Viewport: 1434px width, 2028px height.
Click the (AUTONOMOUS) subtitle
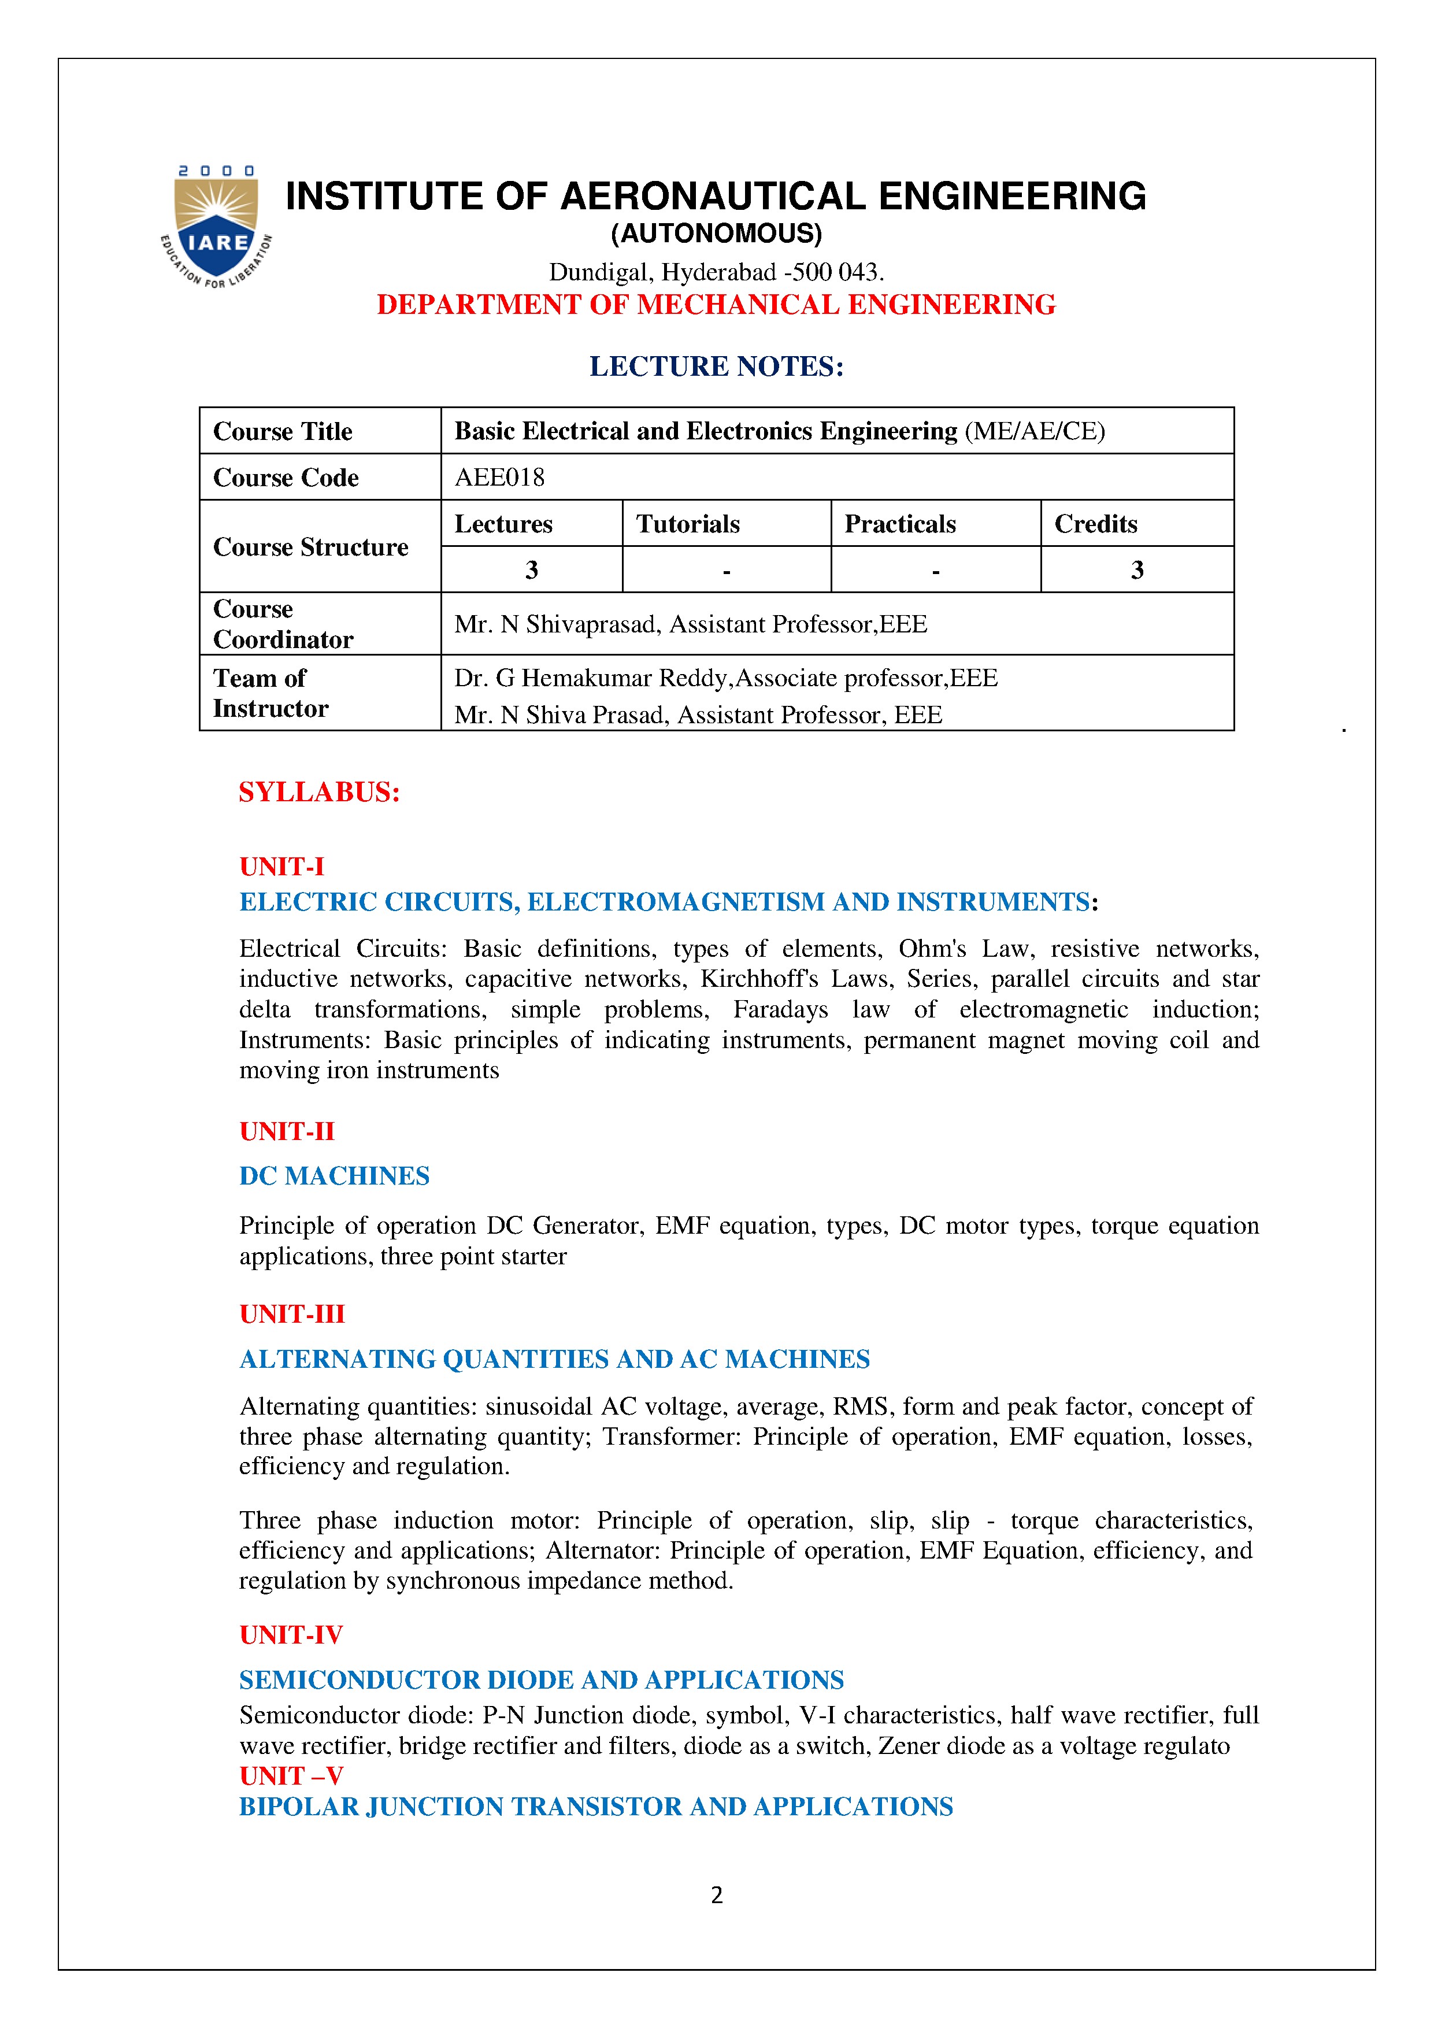[x=716, y=234]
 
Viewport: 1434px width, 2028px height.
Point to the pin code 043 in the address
[x=860, y=272]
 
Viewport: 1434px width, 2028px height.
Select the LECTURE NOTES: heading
[x=716, y=366]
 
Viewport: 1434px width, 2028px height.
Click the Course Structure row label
[x=311, y=547]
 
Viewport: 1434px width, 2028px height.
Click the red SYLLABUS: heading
[x=320, y=793]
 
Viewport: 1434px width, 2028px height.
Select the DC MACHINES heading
[x=335, y=1176]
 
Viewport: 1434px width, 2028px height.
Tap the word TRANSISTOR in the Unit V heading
[x=596, y=1807]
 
